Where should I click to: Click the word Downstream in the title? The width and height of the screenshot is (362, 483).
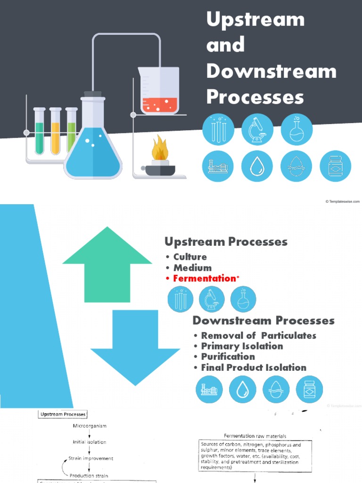tap(271, 71)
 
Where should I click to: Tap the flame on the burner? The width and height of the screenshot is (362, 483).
tap(160, 149)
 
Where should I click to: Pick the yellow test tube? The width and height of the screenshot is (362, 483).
tap(55, 132)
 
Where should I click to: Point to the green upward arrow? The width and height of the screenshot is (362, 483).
tap(107, 266)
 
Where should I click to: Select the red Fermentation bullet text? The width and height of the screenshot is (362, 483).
tap(204, 278)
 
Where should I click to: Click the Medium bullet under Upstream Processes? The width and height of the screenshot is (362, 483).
tap(192, 267)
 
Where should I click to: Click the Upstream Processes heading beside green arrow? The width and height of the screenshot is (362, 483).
tap(226, 242)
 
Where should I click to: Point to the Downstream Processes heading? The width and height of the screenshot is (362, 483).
tap(263, 321)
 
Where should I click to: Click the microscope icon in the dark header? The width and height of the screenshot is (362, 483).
tap(257, 129)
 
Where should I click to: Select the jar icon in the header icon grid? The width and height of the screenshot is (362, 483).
tap(335, 166)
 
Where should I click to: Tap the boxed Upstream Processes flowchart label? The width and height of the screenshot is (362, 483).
tap(62, 414)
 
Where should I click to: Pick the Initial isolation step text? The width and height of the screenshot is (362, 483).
tap(90, 442)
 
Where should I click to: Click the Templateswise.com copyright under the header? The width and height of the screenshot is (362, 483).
tap(343, 201)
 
